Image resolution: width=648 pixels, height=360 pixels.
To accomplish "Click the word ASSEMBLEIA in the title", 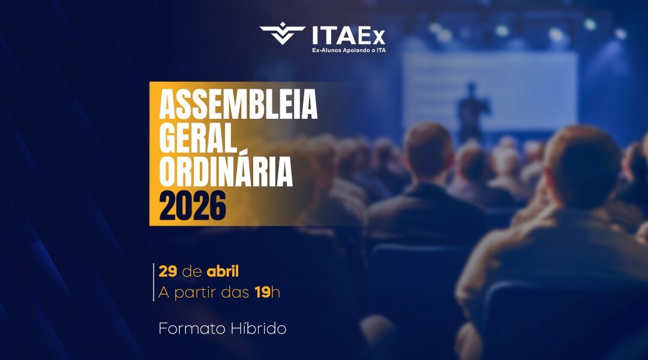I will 238,106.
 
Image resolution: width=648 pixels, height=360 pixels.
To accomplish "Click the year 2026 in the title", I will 193,206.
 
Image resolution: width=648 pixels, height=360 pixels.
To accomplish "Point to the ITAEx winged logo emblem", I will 283,34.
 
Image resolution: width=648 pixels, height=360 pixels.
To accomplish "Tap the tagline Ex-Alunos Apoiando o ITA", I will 349,50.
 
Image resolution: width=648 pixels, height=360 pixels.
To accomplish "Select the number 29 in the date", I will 167,271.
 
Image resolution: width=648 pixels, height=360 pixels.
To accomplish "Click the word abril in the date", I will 223,271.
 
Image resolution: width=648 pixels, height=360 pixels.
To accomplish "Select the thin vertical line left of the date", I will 154,282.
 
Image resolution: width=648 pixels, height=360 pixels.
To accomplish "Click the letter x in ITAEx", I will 377,36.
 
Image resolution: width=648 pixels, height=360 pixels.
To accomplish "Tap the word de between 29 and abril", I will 191,271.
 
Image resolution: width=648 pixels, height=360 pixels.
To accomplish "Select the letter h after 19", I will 275,293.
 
